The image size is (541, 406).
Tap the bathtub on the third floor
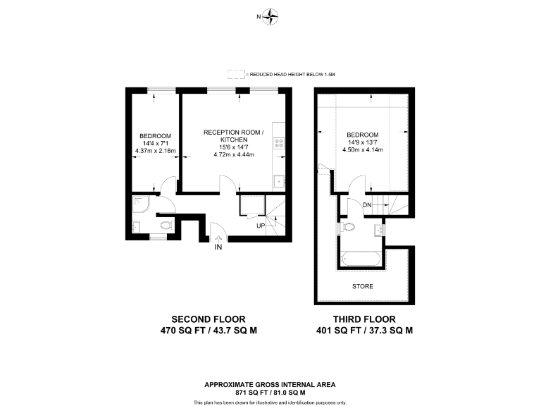coord(362,259)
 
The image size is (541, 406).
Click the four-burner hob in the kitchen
coord(279,144)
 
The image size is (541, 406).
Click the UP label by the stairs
coord(261,226)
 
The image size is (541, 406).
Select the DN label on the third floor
coord(367,205)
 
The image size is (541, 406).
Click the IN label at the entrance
coord(218,248)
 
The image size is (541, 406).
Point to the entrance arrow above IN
coord(218,238)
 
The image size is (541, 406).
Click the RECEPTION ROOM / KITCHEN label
coord(232,136)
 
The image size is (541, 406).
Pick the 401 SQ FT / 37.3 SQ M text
coord(364,329)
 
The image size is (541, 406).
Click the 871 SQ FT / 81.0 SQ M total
coord(270,392)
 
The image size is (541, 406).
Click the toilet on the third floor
coord(347,228)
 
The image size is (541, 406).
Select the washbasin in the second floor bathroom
coord(137,227)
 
